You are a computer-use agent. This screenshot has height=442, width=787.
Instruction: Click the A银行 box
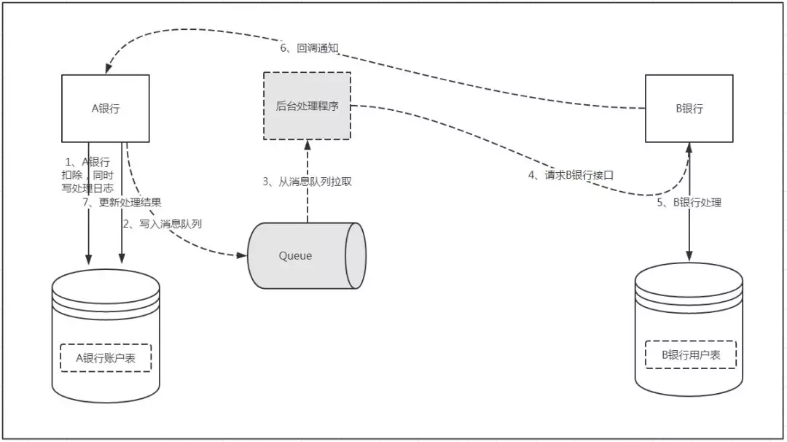[x=105, y=108]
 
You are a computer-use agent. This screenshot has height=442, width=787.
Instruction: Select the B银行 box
[x=689, y=108]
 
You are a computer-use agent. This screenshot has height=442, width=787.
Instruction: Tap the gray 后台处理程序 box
[x=307, y=106]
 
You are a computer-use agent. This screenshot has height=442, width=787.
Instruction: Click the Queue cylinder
[x=306, y=255]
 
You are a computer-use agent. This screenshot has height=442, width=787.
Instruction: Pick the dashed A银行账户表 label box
[x=106, y=357]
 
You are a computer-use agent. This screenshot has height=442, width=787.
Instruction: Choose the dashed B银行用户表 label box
[x=690, y=354]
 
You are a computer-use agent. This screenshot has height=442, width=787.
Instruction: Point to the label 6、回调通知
[x=310, y=48]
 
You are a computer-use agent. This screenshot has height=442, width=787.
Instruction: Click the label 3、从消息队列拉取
[x=308, y=182]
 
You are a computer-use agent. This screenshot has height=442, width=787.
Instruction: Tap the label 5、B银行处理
[x=689, y=202]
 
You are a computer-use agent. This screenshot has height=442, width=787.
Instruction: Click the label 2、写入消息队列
[x=162, y=224]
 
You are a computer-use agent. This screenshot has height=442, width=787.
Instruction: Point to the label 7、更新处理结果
[x=122, y=202]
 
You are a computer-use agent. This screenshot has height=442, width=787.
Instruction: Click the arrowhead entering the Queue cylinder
[x=242, y=255]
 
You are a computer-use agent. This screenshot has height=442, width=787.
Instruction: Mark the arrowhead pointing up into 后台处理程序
[x=307, y=146]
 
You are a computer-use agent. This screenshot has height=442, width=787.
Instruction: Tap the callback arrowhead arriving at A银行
[x=106, y=69]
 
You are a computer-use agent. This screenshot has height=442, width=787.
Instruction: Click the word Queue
[x=295, y=255]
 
